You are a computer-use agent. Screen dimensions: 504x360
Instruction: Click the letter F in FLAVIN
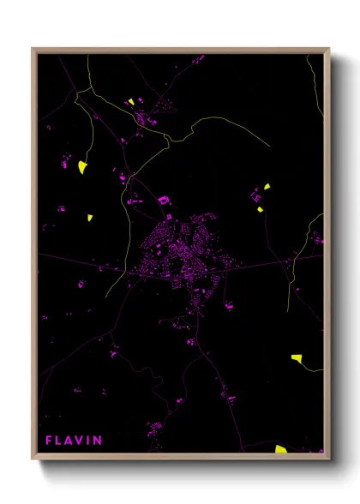(x=50, y=441)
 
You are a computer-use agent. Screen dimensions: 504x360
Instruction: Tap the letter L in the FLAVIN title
(x=60, y=441)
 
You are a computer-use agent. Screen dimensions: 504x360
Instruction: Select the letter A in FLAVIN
(x=71, y=441)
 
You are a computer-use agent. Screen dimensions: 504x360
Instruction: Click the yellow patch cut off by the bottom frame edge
(x=281, y=448)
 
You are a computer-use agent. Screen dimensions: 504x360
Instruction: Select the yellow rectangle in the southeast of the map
(x=296, y=357)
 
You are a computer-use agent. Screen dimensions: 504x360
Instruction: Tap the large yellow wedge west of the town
(x=83, y=166)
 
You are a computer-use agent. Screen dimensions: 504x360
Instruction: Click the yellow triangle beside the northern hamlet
(x=131, y=101)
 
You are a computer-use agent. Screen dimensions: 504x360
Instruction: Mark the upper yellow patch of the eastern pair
(x=267, y=186)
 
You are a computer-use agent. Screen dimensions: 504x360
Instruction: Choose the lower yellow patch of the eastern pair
(x=260, y=208)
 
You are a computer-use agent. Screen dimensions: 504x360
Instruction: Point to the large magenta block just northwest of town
(x=162, y=200)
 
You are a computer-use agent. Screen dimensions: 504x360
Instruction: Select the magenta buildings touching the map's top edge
(x=197, y=58)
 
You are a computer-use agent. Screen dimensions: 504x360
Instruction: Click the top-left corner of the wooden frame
(x=33, y=48)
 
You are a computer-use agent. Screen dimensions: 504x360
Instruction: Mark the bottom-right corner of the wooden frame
(x=329, y=458)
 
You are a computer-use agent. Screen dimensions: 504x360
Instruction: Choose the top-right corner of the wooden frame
(x=329, y=48)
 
